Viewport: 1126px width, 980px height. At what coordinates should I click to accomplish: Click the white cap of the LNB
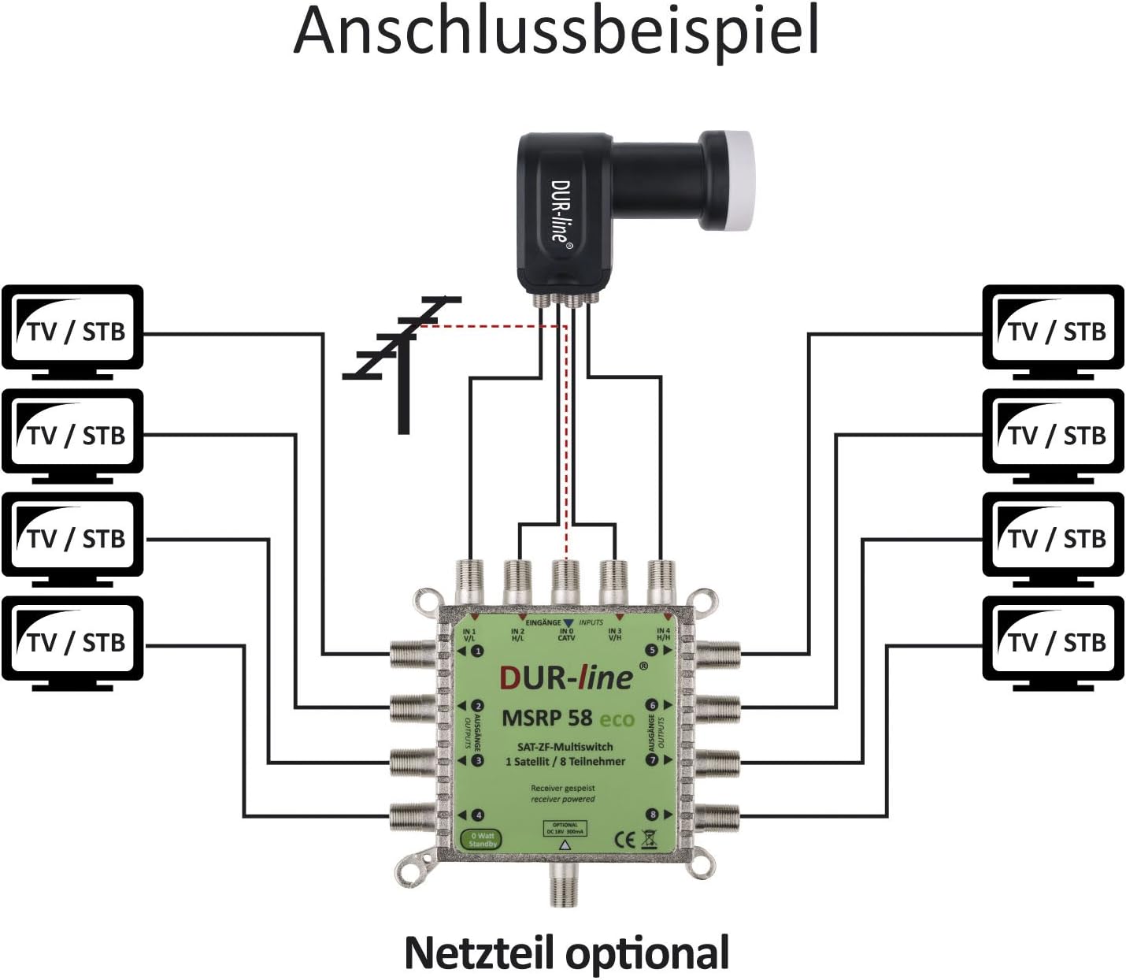pos(728,173)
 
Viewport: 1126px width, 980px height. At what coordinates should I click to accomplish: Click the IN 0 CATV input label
pos(566,634)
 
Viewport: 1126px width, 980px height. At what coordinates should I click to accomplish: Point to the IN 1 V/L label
pos(469,635)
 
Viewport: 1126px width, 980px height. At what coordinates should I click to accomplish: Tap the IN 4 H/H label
pos(663,634)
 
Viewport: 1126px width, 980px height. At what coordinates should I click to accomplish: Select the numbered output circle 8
pos(652,815)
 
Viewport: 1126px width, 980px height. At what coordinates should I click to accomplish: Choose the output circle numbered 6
pos(652,706)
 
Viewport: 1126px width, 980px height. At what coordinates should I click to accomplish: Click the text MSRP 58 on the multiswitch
pos(547,718)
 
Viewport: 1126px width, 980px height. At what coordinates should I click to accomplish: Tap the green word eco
pos(617,719)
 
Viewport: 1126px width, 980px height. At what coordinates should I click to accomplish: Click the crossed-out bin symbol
pos(649,838)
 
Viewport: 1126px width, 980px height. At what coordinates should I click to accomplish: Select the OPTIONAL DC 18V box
pos(565,829)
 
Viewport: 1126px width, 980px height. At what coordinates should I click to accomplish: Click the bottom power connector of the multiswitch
pos(565,885)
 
